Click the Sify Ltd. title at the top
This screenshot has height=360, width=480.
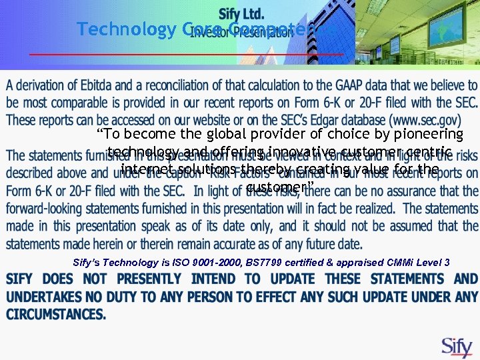pos(241,14)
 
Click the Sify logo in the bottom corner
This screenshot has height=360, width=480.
pos(457,347)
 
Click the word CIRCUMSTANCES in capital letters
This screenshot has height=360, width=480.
pos(56,313)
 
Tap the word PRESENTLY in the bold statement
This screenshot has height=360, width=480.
pos(151,279)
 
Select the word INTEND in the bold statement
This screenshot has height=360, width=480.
pos(216,279)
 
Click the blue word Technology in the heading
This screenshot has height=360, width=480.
pos(125,29)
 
